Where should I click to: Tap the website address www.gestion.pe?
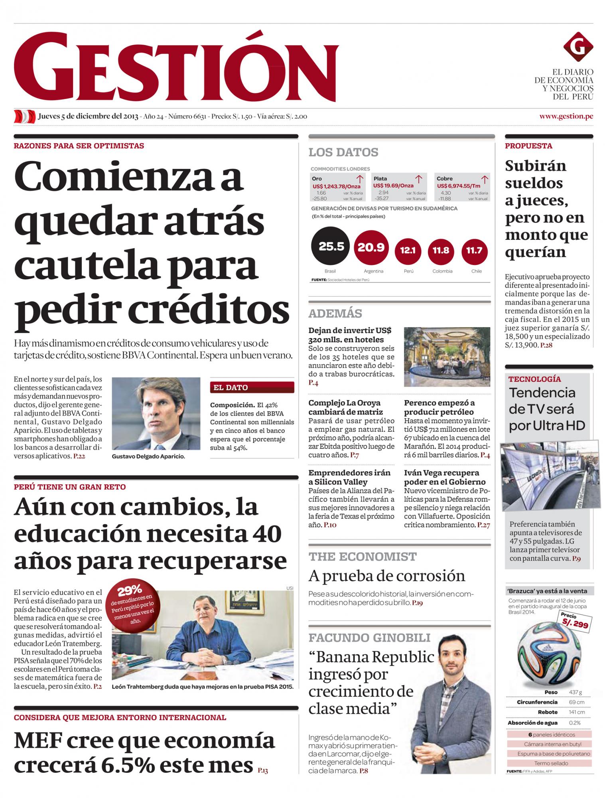coord(566,116)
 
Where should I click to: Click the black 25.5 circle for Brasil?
coord(330,247)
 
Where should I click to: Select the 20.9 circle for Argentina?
coord(371,248)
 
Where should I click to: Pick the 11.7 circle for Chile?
coord(474,251)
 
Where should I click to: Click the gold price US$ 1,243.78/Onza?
coord(336,186)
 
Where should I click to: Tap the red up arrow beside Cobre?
coord(485,179)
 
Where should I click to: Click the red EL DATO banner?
coord(252,387)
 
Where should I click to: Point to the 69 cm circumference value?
coord(576,702)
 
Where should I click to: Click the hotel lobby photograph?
coord(447,357)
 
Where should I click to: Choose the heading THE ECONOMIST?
coord(362,557)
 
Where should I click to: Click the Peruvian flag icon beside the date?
coord(25,117)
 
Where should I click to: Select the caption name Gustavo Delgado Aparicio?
coord(148,456)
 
